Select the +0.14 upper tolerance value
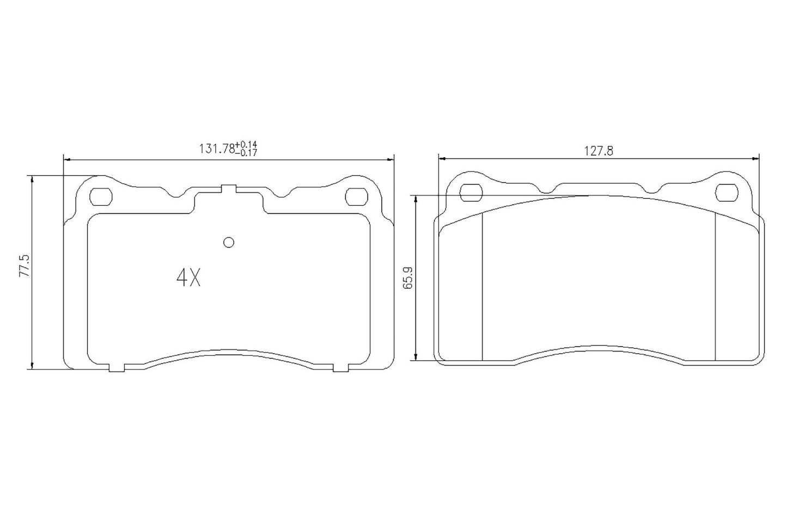(x=246, y=145)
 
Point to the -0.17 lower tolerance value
(x=246, y=153)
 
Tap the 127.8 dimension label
(x=599, y=152)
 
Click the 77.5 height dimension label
(x=23, y=266)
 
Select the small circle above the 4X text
(x=229, y=243)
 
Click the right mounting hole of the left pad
(x=357, y=196)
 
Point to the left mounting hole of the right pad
(x=471, y=192)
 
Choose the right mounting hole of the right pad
(x=725, y=192)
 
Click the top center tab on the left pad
(x=228, y=189)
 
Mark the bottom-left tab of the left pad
(x=117, y=368)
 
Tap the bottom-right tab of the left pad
(x=340, y=368)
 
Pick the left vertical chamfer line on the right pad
(x=483, y=286)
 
